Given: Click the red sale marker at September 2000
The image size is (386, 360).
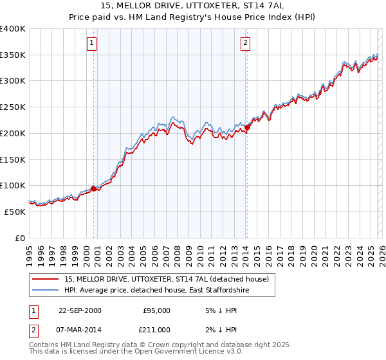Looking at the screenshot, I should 94,188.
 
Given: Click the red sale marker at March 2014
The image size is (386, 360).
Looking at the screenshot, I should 247,127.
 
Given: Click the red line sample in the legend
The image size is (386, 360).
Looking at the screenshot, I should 46,279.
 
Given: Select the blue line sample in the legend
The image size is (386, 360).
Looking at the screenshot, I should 46,291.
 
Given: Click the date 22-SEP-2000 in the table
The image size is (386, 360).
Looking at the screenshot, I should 80,310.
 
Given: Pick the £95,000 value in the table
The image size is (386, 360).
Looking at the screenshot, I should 156,310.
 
